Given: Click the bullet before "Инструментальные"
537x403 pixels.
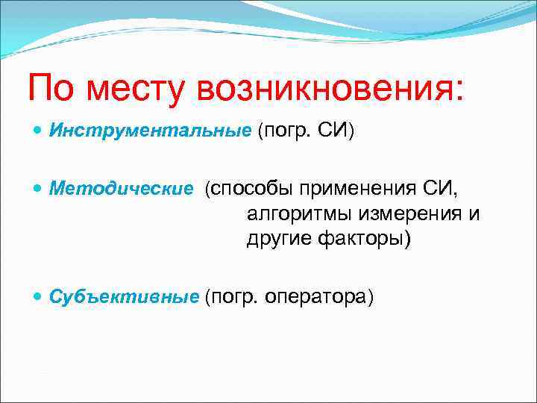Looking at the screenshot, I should tap(39, 131).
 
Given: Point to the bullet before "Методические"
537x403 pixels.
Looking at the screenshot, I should tap(39, 189).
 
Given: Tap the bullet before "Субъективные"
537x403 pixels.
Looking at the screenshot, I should tap(39, 296).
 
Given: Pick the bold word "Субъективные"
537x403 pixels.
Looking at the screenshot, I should tap(125, 296).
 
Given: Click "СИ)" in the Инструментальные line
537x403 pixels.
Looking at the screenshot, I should tap(338, 131).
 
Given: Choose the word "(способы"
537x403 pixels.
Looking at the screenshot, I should tap(248, 189).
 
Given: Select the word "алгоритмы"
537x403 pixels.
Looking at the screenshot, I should tap(299, 214).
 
